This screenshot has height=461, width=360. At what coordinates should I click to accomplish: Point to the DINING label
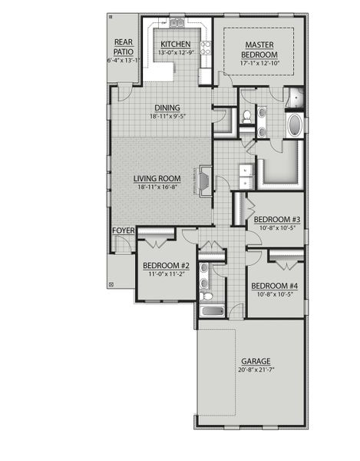(167, 108)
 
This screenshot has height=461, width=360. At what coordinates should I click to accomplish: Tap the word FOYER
(123, 230)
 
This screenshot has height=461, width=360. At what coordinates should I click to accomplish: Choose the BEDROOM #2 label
(166, 266)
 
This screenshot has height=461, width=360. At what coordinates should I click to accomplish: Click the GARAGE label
(256, 361)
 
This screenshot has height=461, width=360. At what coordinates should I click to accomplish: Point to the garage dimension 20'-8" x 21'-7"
(256, 370)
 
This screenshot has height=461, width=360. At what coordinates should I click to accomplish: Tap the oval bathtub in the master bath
(295, 125)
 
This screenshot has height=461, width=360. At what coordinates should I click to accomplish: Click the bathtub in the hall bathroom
(212, 311)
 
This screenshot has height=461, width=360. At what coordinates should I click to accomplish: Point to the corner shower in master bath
(295, 97)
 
